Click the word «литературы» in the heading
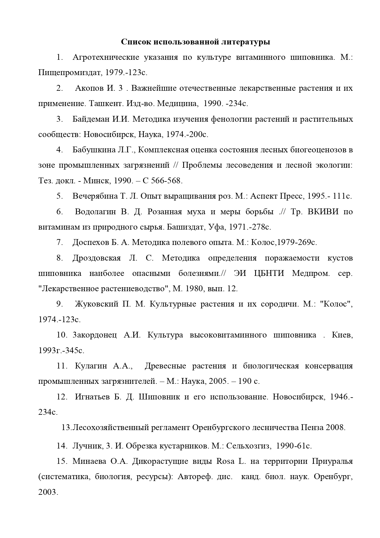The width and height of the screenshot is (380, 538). click(x=245, y=42)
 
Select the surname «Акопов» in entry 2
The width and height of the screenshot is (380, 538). click(x=89, y=88)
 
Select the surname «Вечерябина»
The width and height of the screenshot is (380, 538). click(x=95, y=196)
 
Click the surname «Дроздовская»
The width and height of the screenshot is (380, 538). click(x=97, y=258)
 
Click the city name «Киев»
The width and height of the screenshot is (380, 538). click(x=342, y=335)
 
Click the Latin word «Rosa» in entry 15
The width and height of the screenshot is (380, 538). click(x=225, y=461)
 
